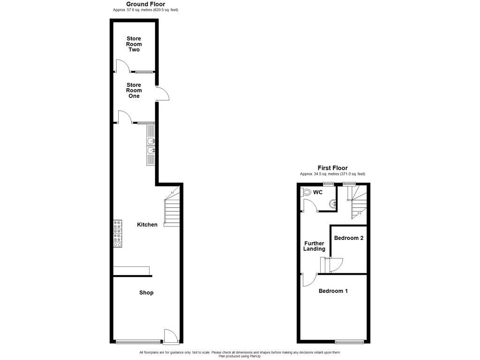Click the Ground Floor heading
click(145, 4)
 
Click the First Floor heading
click(332, 168)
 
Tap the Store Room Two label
click(134, 44)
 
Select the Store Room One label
click(134, 90)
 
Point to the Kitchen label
click(147, 225)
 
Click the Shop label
click(146, 292)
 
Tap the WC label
click(318, 192)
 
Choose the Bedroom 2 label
click(349, 238)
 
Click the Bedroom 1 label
click(333, 291)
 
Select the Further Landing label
click(315, 246)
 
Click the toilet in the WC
click(307, 192)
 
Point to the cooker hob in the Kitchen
click(117, 233)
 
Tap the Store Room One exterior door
click(162, 94)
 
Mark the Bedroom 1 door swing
click(307, 280)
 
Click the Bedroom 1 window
click(349, 341)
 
